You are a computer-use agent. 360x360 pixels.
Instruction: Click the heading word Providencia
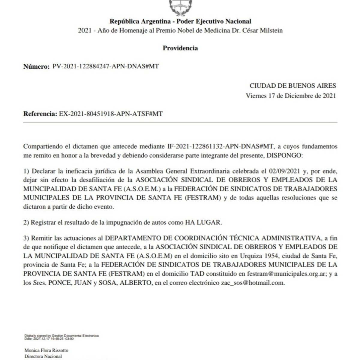[180, 48]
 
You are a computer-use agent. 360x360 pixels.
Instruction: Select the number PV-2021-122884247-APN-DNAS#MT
[105, 66]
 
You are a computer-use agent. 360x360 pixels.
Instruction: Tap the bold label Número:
[36, 66]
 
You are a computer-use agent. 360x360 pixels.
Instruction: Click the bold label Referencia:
[40, 114]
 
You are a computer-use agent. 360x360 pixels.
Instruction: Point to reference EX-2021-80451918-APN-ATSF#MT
[110, 114]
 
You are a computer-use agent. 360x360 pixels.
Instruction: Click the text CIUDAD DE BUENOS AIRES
[292, 85]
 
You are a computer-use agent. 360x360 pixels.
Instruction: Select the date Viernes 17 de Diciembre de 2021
[291, 96]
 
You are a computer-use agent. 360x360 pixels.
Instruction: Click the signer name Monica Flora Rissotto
[46, 350]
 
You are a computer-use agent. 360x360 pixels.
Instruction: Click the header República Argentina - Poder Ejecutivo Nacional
[180, 21]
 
